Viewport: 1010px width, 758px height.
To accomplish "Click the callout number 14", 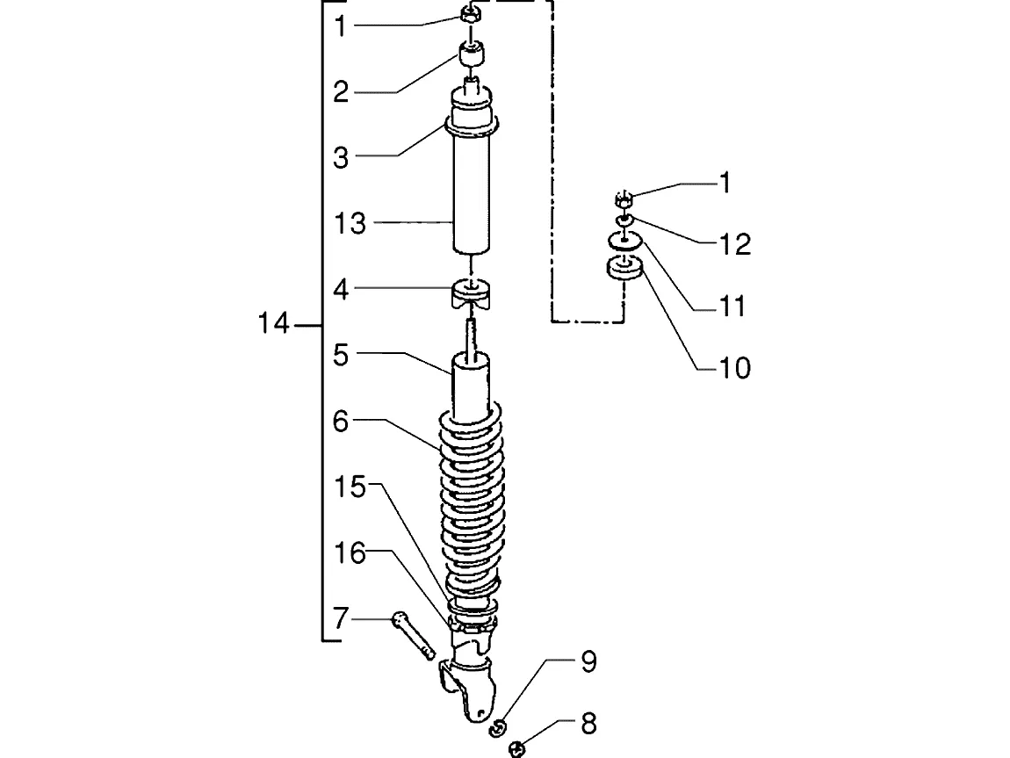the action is pyautogui.click(x=274, y=323).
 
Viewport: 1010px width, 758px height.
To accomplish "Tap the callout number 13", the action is pyautogui.click(x=350, y=223).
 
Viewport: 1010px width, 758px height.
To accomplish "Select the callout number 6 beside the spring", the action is pyautogui.click(x=341, y=422).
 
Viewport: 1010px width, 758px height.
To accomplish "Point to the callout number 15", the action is pyautogui.click(x=350, y=487).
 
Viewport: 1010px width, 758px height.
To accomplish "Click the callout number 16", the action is pyautogui.click(x=350, y=553).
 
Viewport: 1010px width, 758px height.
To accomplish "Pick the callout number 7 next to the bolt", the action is pyautogui.click(x=341, y=619).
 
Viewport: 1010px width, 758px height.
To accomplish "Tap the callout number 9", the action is pyautogui.click(x=588, y=662).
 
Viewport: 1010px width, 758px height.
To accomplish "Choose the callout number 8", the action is pyautogui.click(x=588, y=724).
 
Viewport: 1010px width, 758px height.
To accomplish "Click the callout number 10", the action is pyautogui.click(x=735, y=368).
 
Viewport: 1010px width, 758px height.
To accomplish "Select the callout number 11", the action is pyautogui.click(x=732, y=307).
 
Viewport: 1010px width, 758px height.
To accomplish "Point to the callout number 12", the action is pyautogui.click(x=735, y=245).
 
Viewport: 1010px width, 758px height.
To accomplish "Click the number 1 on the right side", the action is pyautogui.click(x=725, y=183).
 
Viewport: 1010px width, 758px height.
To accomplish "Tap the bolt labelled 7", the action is pyautogui.click(x=412, y=635).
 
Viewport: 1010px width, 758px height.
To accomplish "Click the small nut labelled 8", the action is pyautogui.click(x=516, y=749).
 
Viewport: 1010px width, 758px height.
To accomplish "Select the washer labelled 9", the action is pyautogui.click(x=497, y=728).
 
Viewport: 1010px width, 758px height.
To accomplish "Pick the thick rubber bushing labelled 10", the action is pyautogui.click(x=624, y=268).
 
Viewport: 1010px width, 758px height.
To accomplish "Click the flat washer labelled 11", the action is pyautogui.click(x=624, y=241).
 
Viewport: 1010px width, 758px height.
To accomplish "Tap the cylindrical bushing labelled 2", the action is pyautogui.click(x=472, y=54).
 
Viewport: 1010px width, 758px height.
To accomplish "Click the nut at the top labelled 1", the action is pyautogui.click(x=470, y=14).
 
